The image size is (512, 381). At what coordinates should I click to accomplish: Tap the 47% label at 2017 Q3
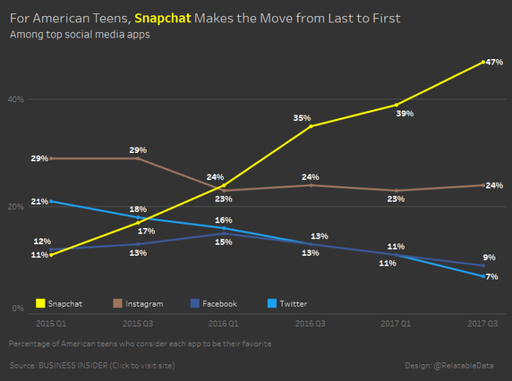click(494, 63)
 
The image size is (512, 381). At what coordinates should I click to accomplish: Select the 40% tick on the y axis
click(15, 99)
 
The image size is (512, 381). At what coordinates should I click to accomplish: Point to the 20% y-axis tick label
click(15, 206)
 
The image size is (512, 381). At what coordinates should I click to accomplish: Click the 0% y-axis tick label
click(19, 308)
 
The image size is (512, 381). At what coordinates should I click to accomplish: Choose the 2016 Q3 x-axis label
click(311, 323)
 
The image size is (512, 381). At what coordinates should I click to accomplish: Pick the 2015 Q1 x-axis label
click(51, 323)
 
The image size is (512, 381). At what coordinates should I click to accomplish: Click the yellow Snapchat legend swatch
click(40, 303)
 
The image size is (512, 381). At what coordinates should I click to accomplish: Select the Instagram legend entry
click(138, 303)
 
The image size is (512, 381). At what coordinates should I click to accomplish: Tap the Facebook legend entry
click(214, 303)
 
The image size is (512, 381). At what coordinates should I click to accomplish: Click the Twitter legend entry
click(287, 303)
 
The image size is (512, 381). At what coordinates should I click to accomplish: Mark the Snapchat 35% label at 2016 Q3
click(302, 118)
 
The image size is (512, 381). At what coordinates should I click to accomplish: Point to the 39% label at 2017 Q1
click(405, 113)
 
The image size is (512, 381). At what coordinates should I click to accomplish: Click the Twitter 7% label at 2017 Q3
click(491, 277)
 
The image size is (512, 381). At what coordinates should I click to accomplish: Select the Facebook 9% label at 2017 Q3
click(490, 257)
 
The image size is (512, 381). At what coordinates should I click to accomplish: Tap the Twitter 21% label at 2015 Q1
click(40, 202)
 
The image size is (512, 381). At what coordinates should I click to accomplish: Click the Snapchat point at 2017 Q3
click(483, 62)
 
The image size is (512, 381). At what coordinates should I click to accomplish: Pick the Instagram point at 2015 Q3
click(138, 159)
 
